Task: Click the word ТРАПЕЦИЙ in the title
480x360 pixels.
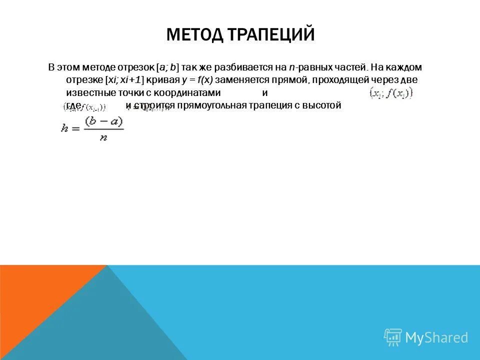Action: pos(271,35)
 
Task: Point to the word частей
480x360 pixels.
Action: pos(349,67)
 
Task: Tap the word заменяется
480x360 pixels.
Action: pos(241,80)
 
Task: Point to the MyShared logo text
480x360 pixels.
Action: pos(436,338)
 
